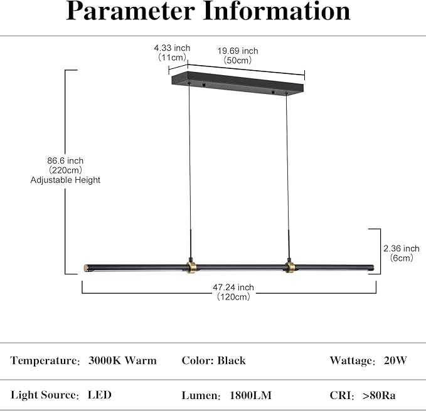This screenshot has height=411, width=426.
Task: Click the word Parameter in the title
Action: tap(130, 11)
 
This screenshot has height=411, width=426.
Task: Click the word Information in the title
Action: tap(277, 11)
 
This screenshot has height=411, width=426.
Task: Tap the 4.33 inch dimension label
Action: tap(172, 48)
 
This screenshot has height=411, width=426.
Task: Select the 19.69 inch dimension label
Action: tap(238, 51)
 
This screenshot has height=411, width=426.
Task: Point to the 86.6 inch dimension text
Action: tap(65, 160)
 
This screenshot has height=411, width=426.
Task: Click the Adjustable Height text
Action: tap(65, 180)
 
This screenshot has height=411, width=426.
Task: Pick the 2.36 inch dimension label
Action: tap(402, 249)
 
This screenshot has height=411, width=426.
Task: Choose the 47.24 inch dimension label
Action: tap(233, 288)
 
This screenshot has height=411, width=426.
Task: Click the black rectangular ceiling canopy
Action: tap(237, 83)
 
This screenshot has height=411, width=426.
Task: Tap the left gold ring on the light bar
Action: tap(191, 268)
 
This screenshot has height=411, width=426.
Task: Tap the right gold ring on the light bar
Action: tap(290, 268)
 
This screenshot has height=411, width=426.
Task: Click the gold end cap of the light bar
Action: tap(86, 268)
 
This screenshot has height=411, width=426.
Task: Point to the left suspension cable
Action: tap(190, 170)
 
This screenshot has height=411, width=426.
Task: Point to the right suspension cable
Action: tap(287, 176)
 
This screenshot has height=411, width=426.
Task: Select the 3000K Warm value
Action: tap(122, 360)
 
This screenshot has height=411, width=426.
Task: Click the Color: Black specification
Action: tap(213, 360)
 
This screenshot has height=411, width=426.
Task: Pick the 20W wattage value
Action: tap(395, 360)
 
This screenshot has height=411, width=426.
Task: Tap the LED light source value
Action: tap(99, 395)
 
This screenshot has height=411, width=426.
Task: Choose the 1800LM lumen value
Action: tap(250, 395)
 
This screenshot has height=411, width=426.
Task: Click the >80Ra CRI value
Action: tap(379, 395)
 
